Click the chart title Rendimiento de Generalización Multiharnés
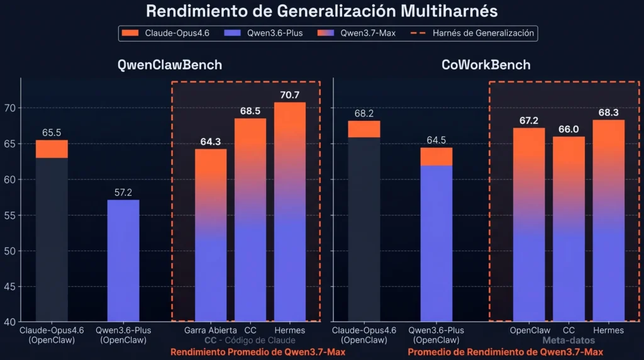pyautogui.click(x=321, y=11)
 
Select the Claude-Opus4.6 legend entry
pyautogui.click(x=165, y=33)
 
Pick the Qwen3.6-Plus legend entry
pyautogui.click(x=264, y=33)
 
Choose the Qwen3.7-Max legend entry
pyautogui.click(x=357, y=33)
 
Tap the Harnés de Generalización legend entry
pyautogui.click(x=472, y=33)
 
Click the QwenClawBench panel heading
pyautogui.click(x=170, y=65)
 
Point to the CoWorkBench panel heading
pyautogui.click(x=486, y=65)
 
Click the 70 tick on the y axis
pyautogui.click(x=10, y=108)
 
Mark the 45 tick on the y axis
pyautogui.click(x=10, y=286)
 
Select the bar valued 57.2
pyautogui.click(x=123, y=261)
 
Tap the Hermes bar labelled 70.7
pyautogui.click(x=290, y=211)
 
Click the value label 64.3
pyautogui.click(x=211, y=142)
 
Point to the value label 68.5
pyautogui.click(x=250, y=111)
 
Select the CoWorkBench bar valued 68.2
pyautogui.click(x=364, y=221)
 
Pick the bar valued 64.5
pyautogui.click(x=436, y=235)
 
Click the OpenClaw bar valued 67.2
pyautogui.click(x=529, y=225)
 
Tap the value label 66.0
pyautogui.click(x=569, y=130)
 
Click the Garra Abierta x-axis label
pyautogui.click(x=210, y=330)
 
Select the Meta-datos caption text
pyautogui.click(x=569, y=340)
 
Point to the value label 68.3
pyautogui.click(x=608, y=113)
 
